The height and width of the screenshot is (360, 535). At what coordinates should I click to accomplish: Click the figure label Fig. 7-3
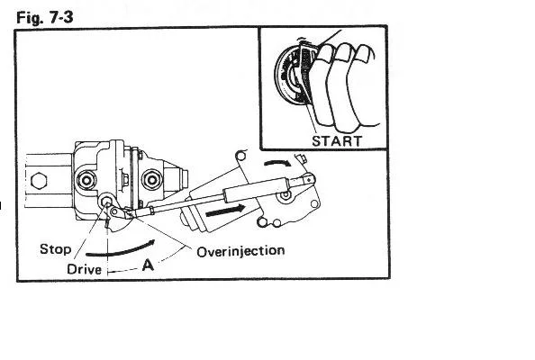pyautogui.click(x=45, y=17)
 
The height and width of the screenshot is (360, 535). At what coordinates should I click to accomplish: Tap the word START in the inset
pyautogui.click(x=337, y=141)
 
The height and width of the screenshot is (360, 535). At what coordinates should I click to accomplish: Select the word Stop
pyautogui.click(x=55, y=249)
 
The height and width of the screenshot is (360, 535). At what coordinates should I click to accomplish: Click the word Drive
pyautogui.click(x=85, y=269)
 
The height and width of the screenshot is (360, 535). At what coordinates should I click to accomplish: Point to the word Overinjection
pyautogui.click(x=240, y=251)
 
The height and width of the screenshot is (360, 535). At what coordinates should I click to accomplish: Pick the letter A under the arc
pyautogui.click(x=148, y=265)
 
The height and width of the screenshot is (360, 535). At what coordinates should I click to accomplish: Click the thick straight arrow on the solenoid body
pyautogui.click(x=225, y=211)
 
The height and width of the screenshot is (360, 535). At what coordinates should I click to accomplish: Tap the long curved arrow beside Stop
pyautogui.click(x=121, y=249)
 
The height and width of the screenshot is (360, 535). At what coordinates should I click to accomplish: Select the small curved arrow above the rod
pyautogui.click(x=277, y=163)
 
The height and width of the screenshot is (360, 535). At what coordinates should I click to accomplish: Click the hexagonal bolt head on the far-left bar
pyautogui.click(x=39, y=181)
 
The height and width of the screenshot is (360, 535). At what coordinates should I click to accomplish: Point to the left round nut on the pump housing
pyautogui.click(x=86, y=180)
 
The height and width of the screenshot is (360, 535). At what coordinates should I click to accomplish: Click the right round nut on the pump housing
pyautogui.click(x=151, y=179)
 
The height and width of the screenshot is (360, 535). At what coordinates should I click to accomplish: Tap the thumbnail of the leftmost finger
pyautogui.click(x=326, y=53)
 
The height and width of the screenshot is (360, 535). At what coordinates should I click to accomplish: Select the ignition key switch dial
pyautogui.click(x=290, y=76)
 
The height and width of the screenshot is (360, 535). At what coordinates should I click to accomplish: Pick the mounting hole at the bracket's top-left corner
pyautogui.click(x=240, y=156)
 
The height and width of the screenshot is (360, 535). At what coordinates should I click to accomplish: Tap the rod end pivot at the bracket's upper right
pyautogui.click(x=308, y=179)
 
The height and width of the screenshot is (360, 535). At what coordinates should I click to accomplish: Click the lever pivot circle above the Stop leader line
pyautogui.click(x=106, y=201)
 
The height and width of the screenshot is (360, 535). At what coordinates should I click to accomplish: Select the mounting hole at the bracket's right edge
pyautogui.click(x=314, y=204)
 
